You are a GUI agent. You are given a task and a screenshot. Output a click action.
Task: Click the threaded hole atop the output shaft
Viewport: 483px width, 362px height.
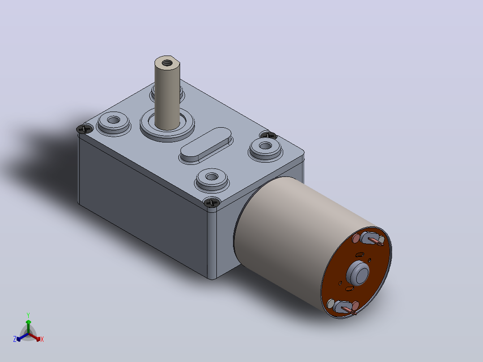(167, 63)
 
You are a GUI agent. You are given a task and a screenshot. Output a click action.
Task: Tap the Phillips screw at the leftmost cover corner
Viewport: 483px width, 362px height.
(85, 129)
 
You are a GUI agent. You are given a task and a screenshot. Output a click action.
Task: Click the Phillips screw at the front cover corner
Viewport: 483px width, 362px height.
(212, 203)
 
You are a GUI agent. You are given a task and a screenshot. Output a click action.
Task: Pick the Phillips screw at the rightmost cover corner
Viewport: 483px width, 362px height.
(269, 135)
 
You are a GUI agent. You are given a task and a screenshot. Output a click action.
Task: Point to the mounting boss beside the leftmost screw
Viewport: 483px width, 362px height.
(114, 122)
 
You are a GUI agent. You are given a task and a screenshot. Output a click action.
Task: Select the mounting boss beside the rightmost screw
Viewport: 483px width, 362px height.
(265, 148)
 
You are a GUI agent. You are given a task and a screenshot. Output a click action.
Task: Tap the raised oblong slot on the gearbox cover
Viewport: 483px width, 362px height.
(206, 145)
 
